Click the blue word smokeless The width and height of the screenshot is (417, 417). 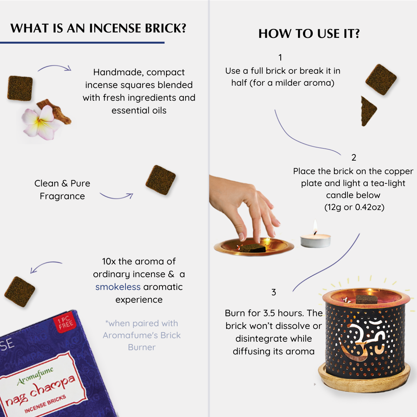pyautogui.click(x=118, y=287)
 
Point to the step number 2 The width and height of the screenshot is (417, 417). pyautogui.click(x=354, y=158)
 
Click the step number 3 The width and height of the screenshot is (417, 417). pyautogui.click(x=274, y=292)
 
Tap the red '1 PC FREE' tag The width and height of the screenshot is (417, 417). pyautogui.click(x=64, y=322)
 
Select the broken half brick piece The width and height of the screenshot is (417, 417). pyautogui.click(x=368, y=111)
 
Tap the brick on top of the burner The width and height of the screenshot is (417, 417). pyautogui.click(x=366, y=299)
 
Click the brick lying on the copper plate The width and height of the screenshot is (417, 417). pyautogui.click(x=253, y=248)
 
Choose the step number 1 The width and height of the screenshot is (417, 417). pyautogui.click(x=280, y=58)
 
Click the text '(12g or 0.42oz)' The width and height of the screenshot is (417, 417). pyautogui.click(x=354, y=207)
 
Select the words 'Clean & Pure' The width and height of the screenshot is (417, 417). pyautogui.click(x=62, y=183)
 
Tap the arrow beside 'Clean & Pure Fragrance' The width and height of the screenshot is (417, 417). pyautogui.click(x=116, y=196)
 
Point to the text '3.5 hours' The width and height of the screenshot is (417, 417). pyautogui.click(x=283, y=313)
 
